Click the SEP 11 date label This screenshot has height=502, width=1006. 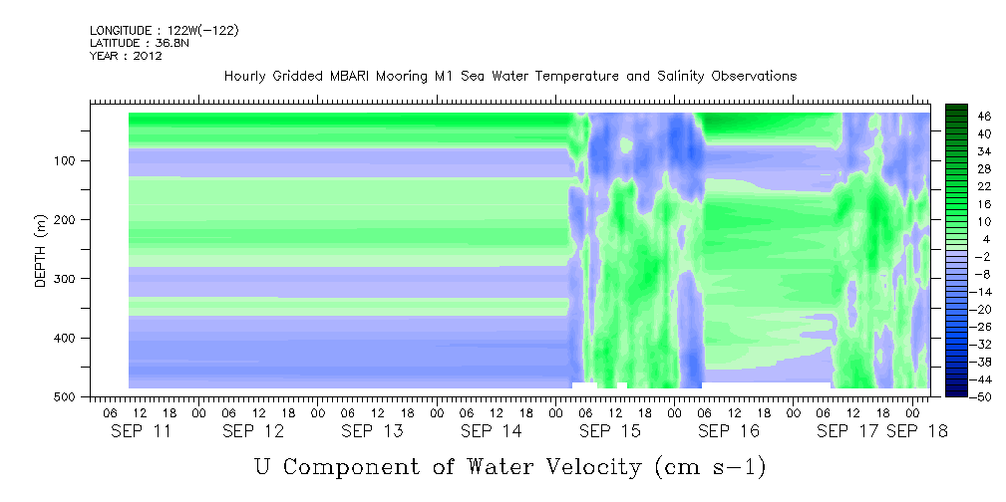[x=142, y=431]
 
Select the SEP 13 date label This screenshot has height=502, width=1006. [x=372, y=431]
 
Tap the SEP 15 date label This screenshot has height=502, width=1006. [x=610, y=431]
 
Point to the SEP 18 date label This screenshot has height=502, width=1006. [x=917, y=431]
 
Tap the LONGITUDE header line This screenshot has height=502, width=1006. [x=165, y=30]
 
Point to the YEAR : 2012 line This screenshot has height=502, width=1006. [x=126, y=56]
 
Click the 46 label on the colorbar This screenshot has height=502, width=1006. [x=966, y=117]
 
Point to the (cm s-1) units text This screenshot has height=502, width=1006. [x=711, y=467]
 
